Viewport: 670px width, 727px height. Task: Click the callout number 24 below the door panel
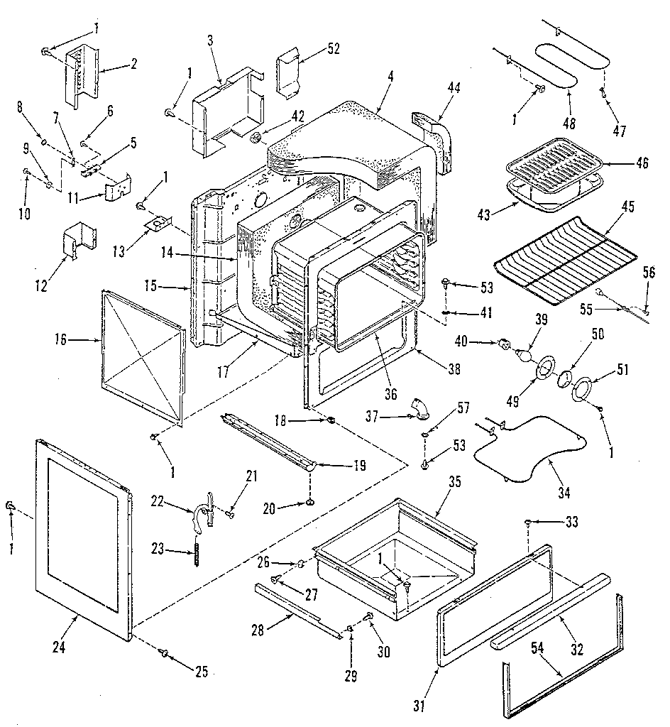[x=59, y=647]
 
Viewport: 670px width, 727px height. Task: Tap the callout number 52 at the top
[x=334, y=49]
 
